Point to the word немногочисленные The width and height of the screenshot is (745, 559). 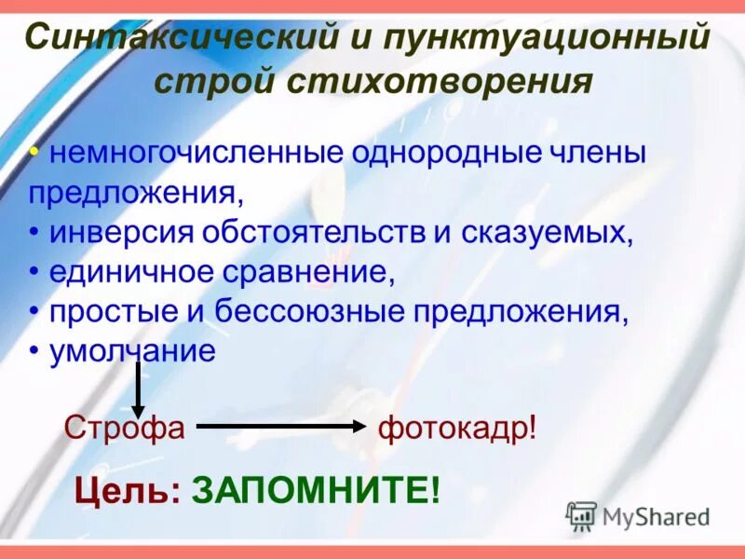[196, 154]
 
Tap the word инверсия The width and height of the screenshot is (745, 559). [124, 232]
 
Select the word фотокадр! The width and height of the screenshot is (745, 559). [457, 428]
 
